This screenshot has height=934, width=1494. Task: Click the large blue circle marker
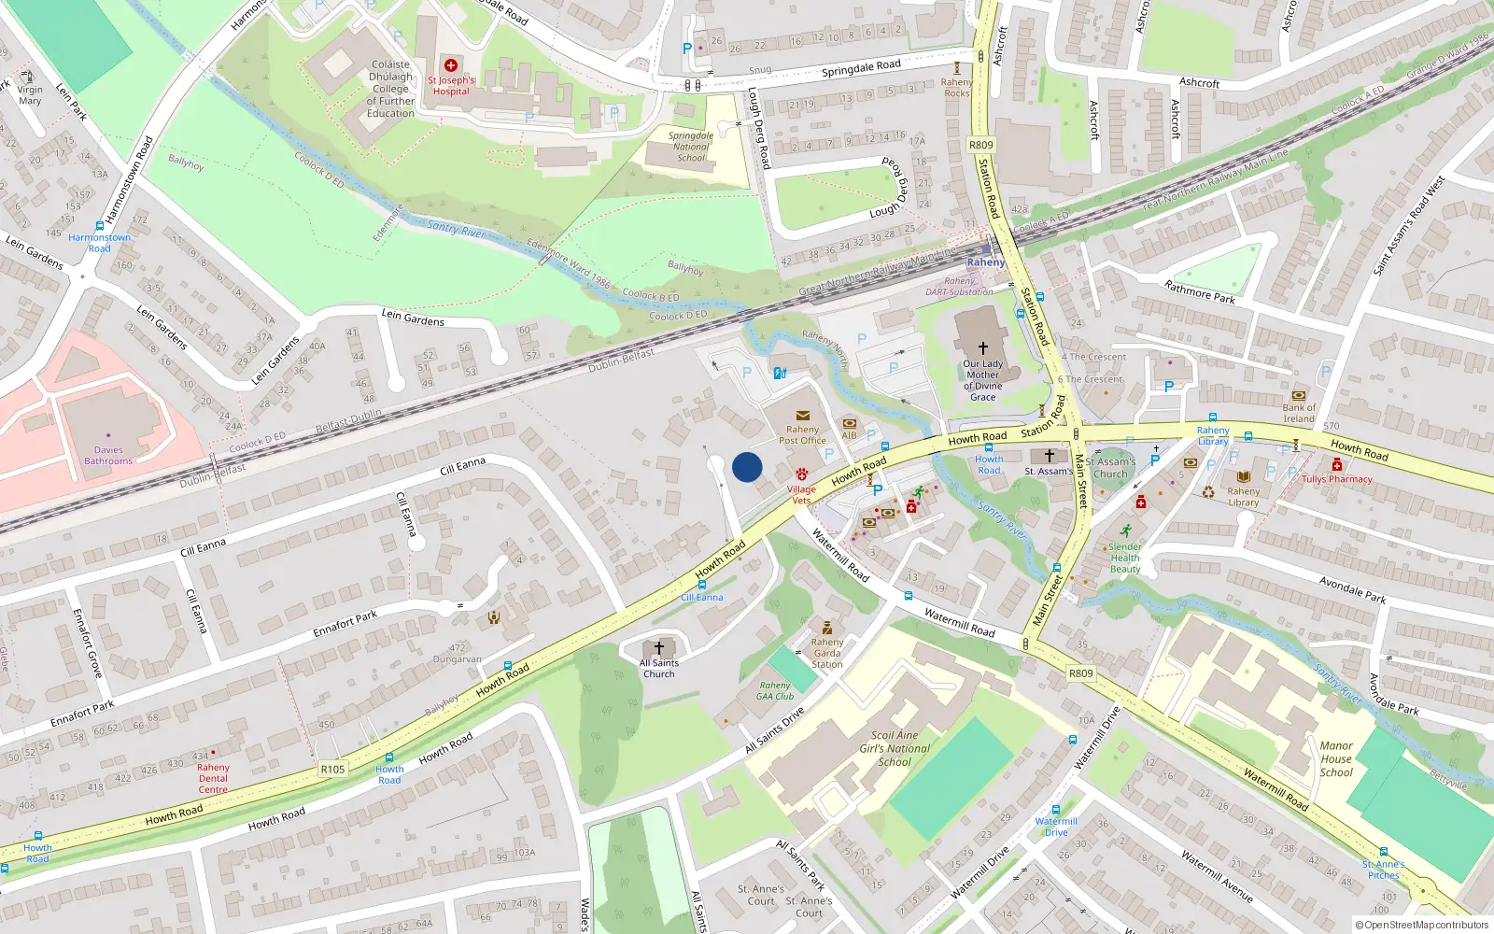(x=747, y=467)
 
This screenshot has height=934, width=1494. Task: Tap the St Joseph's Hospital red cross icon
(x=451, y=65)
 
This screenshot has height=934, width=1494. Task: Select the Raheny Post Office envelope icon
(x=802, y=417)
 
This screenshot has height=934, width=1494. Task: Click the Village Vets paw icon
(x=801, y=475)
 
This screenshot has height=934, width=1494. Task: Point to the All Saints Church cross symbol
(x=659, y=647)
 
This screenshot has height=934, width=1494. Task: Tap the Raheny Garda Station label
(x=826, y=652)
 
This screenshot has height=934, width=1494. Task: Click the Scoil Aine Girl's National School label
(x=895, y=748)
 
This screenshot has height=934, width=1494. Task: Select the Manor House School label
(x=1336, y=758)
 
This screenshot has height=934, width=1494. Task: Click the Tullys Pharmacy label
(x=1337, y=479)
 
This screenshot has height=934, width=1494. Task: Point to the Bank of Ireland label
(x=1299, y=413)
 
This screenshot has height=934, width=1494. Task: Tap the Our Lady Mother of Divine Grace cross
(x=982, y=347)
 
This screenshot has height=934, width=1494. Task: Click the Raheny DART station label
(x=986, y=262)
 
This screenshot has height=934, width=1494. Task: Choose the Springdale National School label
(x=691, y=147)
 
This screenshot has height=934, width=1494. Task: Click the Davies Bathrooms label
(x=108, y=455)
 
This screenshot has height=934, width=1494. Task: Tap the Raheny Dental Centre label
(x=213, y=778)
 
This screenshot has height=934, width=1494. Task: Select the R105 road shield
(x=332, y=770)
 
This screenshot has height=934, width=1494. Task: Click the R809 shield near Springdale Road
(x=981, y=145)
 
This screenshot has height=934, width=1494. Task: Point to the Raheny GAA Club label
(x=775, y=690)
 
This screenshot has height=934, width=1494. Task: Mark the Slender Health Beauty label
(x=1125, y=558)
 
